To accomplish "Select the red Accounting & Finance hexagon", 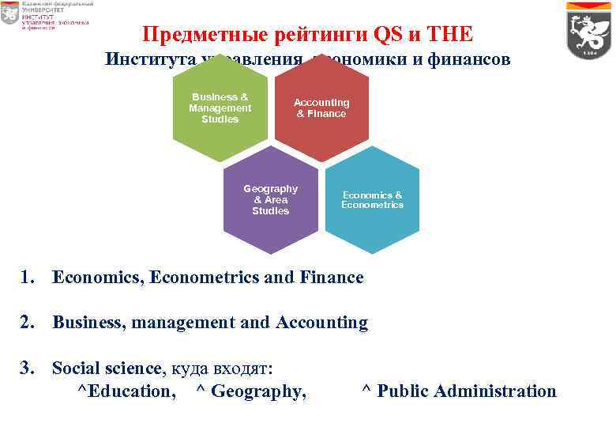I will [x=321, y=108].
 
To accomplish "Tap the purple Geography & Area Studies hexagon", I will [x=271, y=200].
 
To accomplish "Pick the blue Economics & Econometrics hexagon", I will [x=372, y=200].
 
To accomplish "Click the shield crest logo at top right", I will [x=589, y=31].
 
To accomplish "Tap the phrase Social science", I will [x=107, y=368].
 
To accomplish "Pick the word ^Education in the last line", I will [x=126, y=391].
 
